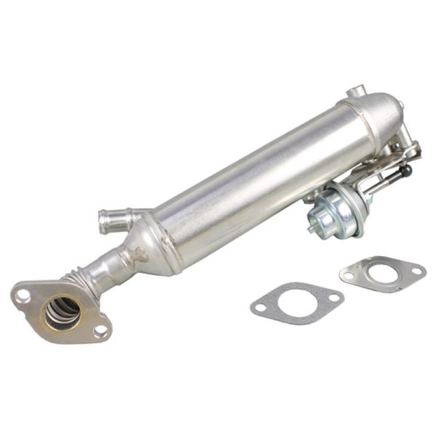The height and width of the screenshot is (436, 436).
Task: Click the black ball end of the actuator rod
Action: click(x=406, y=171)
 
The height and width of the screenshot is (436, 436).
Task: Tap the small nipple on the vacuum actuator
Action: click(x=311, y=228)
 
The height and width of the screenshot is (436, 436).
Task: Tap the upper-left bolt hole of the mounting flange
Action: click(x=23, y=295)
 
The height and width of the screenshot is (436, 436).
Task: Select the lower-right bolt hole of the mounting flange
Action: click(x=100, y=330)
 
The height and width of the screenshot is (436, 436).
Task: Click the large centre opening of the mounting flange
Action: click(x=61, y=313)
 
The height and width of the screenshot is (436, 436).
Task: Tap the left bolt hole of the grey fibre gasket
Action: click(x=261, y=307)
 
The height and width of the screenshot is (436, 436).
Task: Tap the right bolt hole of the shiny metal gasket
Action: click(x=416, y=270)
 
